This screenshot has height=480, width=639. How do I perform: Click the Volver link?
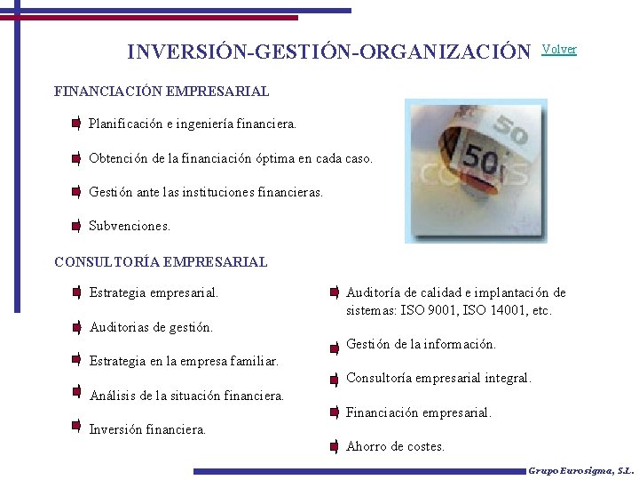559,50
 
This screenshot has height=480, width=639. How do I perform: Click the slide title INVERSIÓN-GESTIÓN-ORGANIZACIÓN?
328,52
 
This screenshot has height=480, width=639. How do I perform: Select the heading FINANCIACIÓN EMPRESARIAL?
162,91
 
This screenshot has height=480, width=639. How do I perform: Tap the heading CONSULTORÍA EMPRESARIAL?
161,261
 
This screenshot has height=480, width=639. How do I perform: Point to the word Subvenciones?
130,226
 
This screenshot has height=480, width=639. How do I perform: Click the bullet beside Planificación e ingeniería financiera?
77,124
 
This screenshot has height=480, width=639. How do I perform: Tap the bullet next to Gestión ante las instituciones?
77,192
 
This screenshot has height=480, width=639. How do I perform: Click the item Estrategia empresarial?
154,292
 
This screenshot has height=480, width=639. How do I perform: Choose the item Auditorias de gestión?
151,327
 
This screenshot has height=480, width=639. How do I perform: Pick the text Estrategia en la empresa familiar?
184,361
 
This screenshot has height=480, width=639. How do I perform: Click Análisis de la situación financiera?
186,396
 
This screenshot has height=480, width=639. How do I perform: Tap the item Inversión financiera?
147,429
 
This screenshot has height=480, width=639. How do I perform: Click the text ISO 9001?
430,311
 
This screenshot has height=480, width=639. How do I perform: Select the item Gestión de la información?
421,344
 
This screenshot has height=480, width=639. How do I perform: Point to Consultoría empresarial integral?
438,378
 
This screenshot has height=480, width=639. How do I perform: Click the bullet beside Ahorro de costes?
334,447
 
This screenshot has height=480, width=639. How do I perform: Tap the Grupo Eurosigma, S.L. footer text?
580,471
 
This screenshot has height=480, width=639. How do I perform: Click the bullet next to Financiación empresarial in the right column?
334,413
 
